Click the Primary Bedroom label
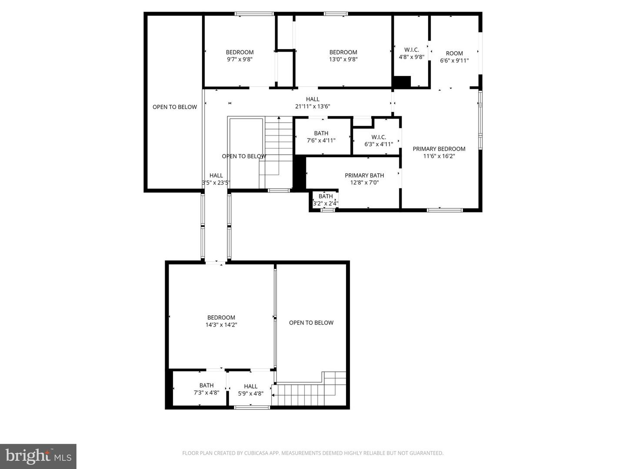click(x=439, y=149)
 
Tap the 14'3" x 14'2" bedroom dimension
click(x=221, y=324)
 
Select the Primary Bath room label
click(x=364, y=175)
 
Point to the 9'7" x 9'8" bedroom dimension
click(x=240, y=59)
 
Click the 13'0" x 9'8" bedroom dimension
click(x=343, y=59)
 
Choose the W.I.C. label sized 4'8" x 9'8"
click(x=411, y=50)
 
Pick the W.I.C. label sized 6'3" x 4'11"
click(x=379, y=137)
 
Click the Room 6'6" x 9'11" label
click(x=454, y=53)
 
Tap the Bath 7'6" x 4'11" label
click(x=321, y=133)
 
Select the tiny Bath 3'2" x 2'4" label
click(x=326, y=196)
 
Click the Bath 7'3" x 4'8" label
click(x=206, y=385)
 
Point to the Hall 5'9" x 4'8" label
click(x=250, y=386)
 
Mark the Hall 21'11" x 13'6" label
click(x=313, y=99)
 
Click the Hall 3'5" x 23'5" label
click(x=216, y=175)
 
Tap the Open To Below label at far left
click(x=175, y=107)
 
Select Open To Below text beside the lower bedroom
click(x=311, y=323)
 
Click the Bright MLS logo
click(x=38, y=456)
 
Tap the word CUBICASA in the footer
click(x=258, y=453)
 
